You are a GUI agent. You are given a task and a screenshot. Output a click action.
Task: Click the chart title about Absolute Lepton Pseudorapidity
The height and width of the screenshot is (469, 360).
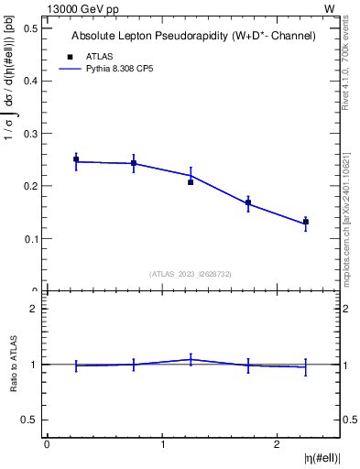193,37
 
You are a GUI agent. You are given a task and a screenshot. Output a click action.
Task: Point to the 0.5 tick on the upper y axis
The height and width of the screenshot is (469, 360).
30,27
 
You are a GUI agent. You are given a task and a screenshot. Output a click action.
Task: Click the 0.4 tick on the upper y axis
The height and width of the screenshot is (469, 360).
30,81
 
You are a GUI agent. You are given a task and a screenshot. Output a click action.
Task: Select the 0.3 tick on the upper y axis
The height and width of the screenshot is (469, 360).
30,134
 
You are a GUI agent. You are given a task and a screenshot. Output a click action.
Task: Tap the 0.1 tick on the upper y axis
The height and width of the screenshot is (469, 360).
30,239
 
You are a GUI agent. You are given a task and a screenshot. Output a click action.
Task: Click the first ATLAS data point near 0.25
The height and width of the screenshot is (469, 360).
76,159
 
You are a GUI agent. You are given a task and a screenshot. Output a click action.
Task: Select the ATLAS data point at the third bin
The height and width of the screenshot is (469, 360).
191,182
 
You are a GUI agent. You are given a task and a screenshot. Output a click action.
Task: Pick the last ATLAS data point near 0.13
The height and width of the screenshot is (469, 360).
306,222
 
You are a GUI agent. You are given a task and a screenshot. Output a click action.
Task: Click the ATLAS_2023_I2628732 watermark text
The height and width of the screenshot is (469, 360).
191,273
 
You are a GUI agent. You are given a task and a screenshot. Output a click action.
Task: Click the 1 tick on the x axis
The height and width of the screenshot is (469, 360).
162,446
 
